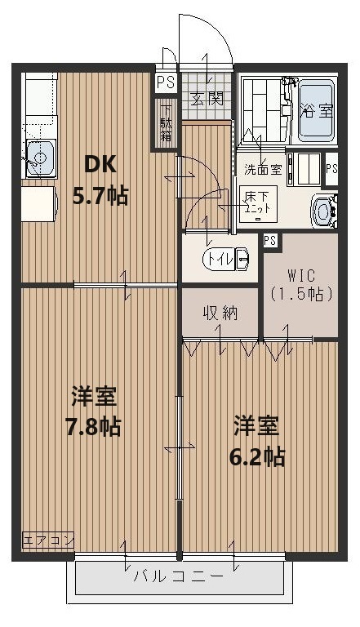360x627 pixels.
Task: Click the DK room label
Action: coord(101,163)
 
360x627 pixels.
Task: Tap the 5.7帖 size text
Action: coord(100,195)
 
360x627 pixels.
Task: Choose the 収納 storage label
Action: coord(220,313)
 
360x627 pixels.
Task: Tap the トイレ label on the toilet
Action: coord(218,260)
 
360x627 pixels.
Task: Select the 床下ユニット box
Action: coord(262,201)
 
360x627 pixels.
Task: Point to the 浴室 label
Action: coord(317,109)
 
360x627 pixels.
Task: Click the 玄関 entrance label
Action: coord(207,100)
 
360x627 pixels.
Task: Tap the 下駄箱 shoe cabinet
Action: coord(166,122)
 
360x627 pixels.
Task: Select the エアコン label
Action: coord(48,540)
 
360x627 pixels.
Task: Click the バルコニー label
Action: coord(178,576)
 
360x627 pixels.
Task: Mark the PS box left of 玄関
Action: coord(166,82)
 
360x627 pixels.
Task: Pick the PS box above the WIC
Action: coord(270,239)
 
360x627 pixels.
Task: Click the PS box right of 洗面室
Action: coord(331,169)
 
